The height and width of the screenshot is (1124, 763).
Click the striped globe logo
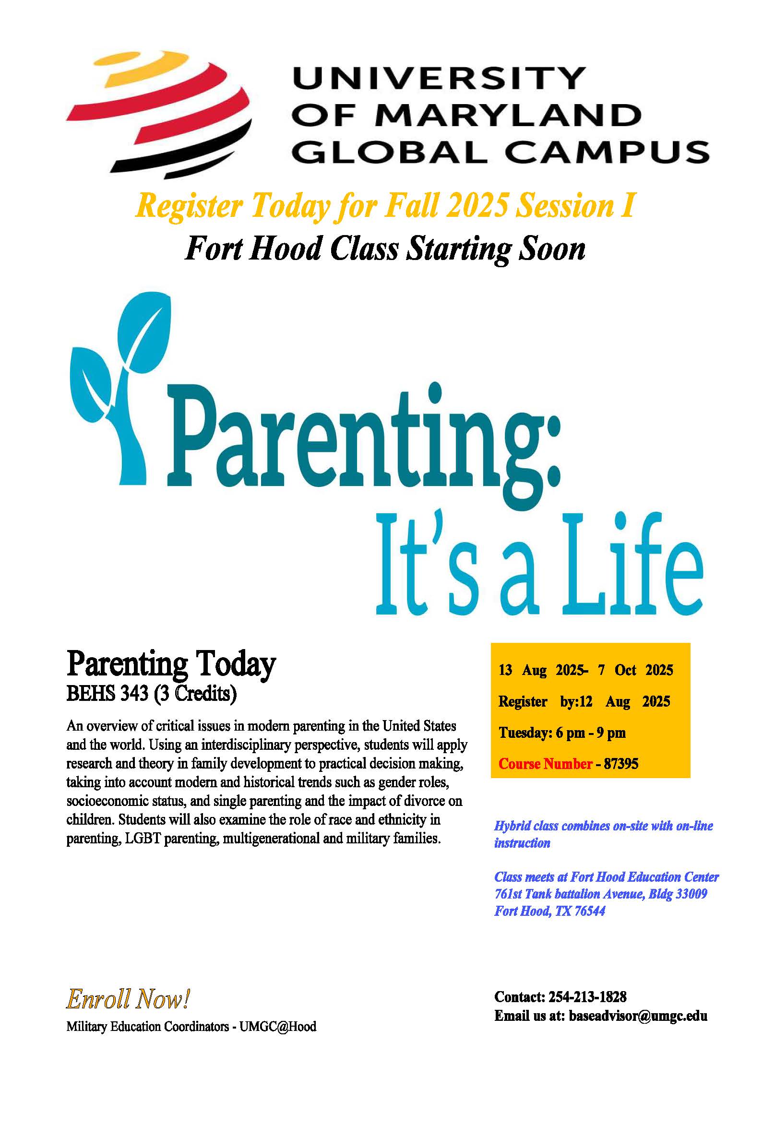[159, 114]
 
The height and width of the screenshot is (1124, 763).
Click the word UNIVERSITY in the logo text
[439, 78]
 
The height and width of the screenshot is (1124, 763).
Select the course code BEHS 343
[107, 693]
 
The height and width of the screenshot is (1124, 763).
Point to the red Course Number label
[545, 764]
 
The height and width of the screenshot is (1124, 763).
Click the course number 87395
[621, 764]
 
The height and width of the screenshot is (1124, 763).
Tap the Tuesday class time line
[562, 733]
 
